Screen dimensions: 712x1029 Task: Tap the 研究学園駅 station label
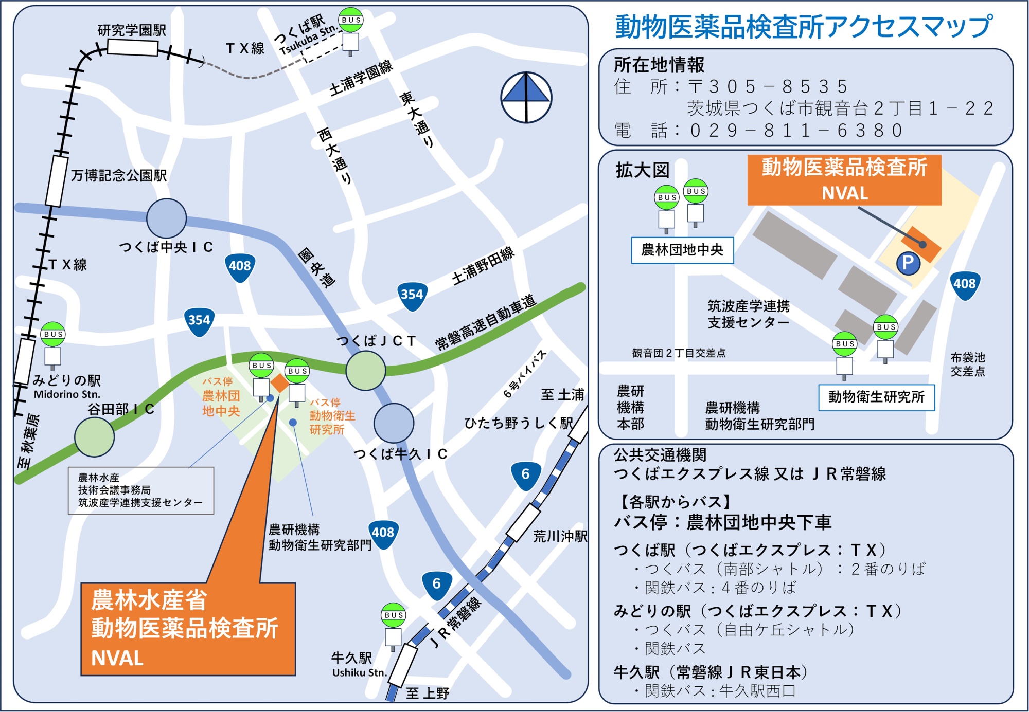[x=132, y=30]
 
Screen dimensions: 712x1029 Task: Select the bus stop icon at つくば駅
[x=351, y=30]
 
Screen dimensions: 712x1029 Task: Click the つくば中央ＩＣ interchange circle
[x=166, y=218]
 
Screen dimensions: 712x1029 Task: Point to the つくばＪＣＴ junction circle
[x=365, y=370]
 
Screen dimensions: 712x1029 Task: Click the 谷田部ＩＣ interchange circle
[x=94, y=437]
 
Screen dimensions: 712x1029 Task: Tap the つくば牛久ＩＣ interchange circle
[x=394, y=423]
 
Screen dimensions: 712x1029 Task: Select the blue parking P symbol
[x=908, y=263]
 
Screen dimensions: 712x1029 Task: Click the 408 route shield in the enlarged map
[x=964, y=284]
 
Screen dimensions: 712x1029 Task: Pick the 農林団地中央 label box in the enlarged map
[x=682, y=250]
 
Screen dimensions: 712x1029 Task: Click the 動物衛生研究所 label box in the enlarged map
[x=876, y=397]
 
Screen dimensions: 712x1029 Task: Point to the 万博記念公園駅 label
[x=118, y=176]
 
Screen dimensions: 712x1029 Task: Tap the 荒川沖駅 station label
[x=560, y=537]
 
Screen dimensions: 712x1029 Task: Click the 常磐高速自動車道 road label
[x=485, y=323]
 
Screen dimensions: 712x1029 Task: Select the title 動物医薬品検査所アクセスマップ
[x=804, y=27]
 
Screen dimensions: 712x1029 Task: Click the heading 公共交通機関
[x=660, y=455]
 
